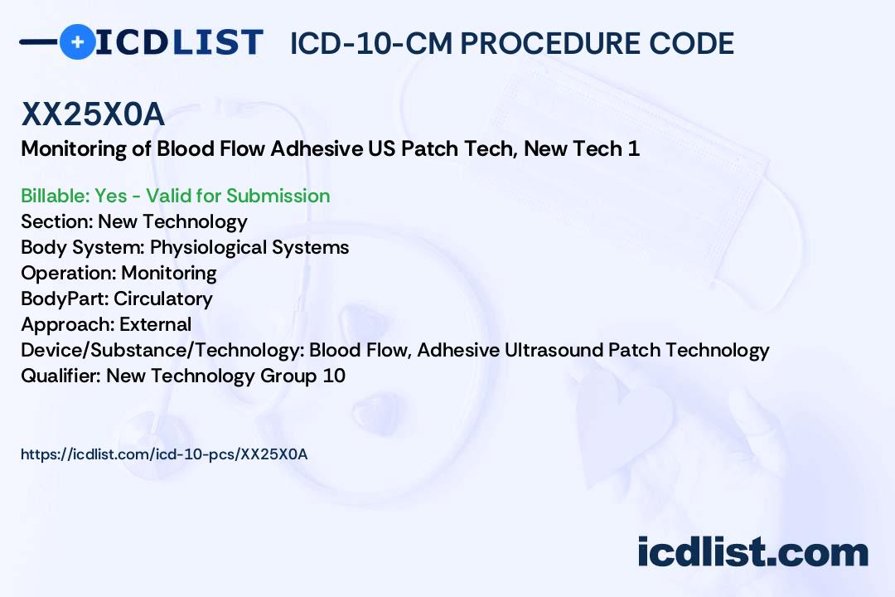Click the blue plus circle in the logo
click(77, 41)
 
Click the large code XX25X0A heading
click(93, 114)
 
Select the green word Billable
click(53, 196)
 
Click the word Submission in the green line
click(278, 196)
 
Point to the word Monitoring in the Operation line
click(169, 273)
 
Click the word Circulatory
click(163, 298)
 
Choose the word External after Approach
click(155, 324)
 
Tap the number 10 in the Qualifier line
click(335, 376)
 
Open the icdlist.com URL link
click(164, 454)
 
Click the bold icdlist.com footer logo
click(752, 551)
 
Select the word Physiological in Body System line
click(208, 247)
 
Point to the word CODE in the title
click(692, 43)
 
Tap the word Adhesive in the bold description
click(317, 148)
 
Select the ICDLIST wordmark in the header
click(179, 42)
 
